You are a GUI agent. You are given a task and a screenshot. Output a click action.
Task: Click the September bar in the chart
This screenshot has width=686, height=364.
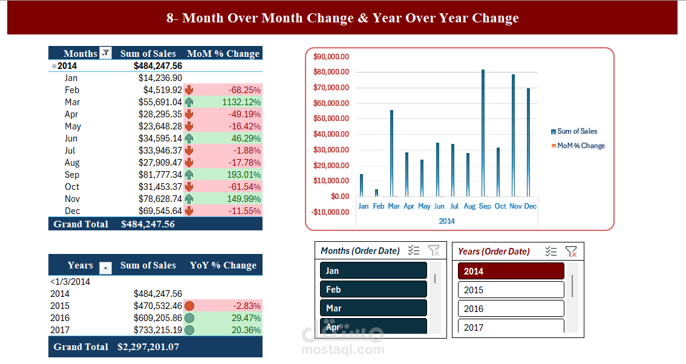tap(483, 133)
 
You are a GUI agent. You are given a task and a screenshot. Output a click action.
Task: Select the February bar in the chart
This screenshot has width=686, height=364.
tap(376, 193)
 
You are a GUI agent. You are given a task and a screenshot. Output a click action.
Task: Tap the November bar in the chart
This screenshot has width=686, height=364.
tap(513, 135)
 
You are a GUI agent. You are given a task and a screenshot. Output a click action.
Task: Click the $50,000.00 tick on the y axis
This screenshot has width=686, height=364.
tap(331, 119)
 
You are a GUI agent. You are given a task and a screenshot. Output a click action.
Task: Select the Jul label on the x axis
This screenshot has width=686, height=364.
tap(454, 206)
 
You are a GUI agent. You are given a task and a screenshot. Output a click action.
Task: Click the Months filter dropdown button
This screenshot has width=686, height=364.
tap(105, 53)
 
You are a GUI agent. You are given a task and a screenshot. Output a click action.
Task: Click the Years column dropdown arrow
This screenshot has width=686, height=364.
tap(105, 267)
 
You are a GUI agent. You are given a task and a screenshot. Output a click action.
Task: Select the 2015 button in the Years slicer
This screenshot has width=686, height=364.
tap(511, 290)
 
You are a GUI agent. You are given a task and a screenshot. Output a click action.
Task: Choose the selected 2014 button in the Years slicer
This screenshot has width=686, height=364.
tap(511, 271)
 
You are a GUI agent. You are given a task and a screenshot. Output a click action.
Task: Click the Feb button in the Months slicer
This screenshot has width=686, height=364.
tap(373, 289)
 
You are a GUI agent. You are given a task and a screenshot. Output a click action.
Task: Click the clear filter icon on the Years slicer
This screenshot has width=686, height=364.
tap(570, 252)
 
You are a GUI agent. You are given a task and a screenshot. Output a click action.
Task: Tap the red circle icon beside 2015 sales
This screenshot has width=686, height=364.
tap(189, 306)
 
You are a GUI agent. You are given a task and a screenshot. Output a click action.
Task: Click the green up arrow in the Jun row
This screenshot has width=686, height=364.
tap(189, 138)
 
